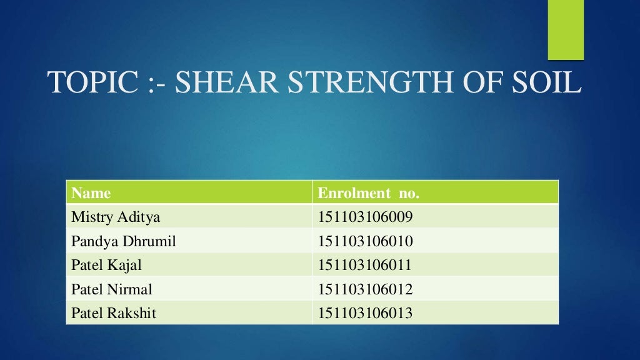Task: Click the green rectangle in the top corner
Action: tap(566, 29)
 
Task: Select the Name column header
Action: tap(91, 193)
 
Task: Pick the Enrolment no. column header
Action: tap(368, 193)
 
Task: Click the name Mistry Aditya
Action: tap(116, 217)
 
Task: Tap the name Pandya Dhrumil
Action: tap(124, 241)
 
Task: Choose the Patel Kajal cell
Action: tap(107, 265)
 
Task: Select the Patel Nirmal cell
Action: tap(112, 289)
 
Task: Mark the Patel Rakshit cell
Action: tap(114, 313)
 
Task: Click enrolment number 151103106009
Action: tap(366, 217)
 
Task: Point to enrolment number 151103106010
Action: tap(366, 241)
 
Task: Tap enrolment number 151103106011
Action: tap(366, 265)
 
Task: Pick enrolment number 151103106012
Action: tap(366, 289)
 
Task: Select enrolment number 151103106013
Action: tap(366, 313)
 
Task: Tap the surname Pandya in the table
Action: tap(92, 241)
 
